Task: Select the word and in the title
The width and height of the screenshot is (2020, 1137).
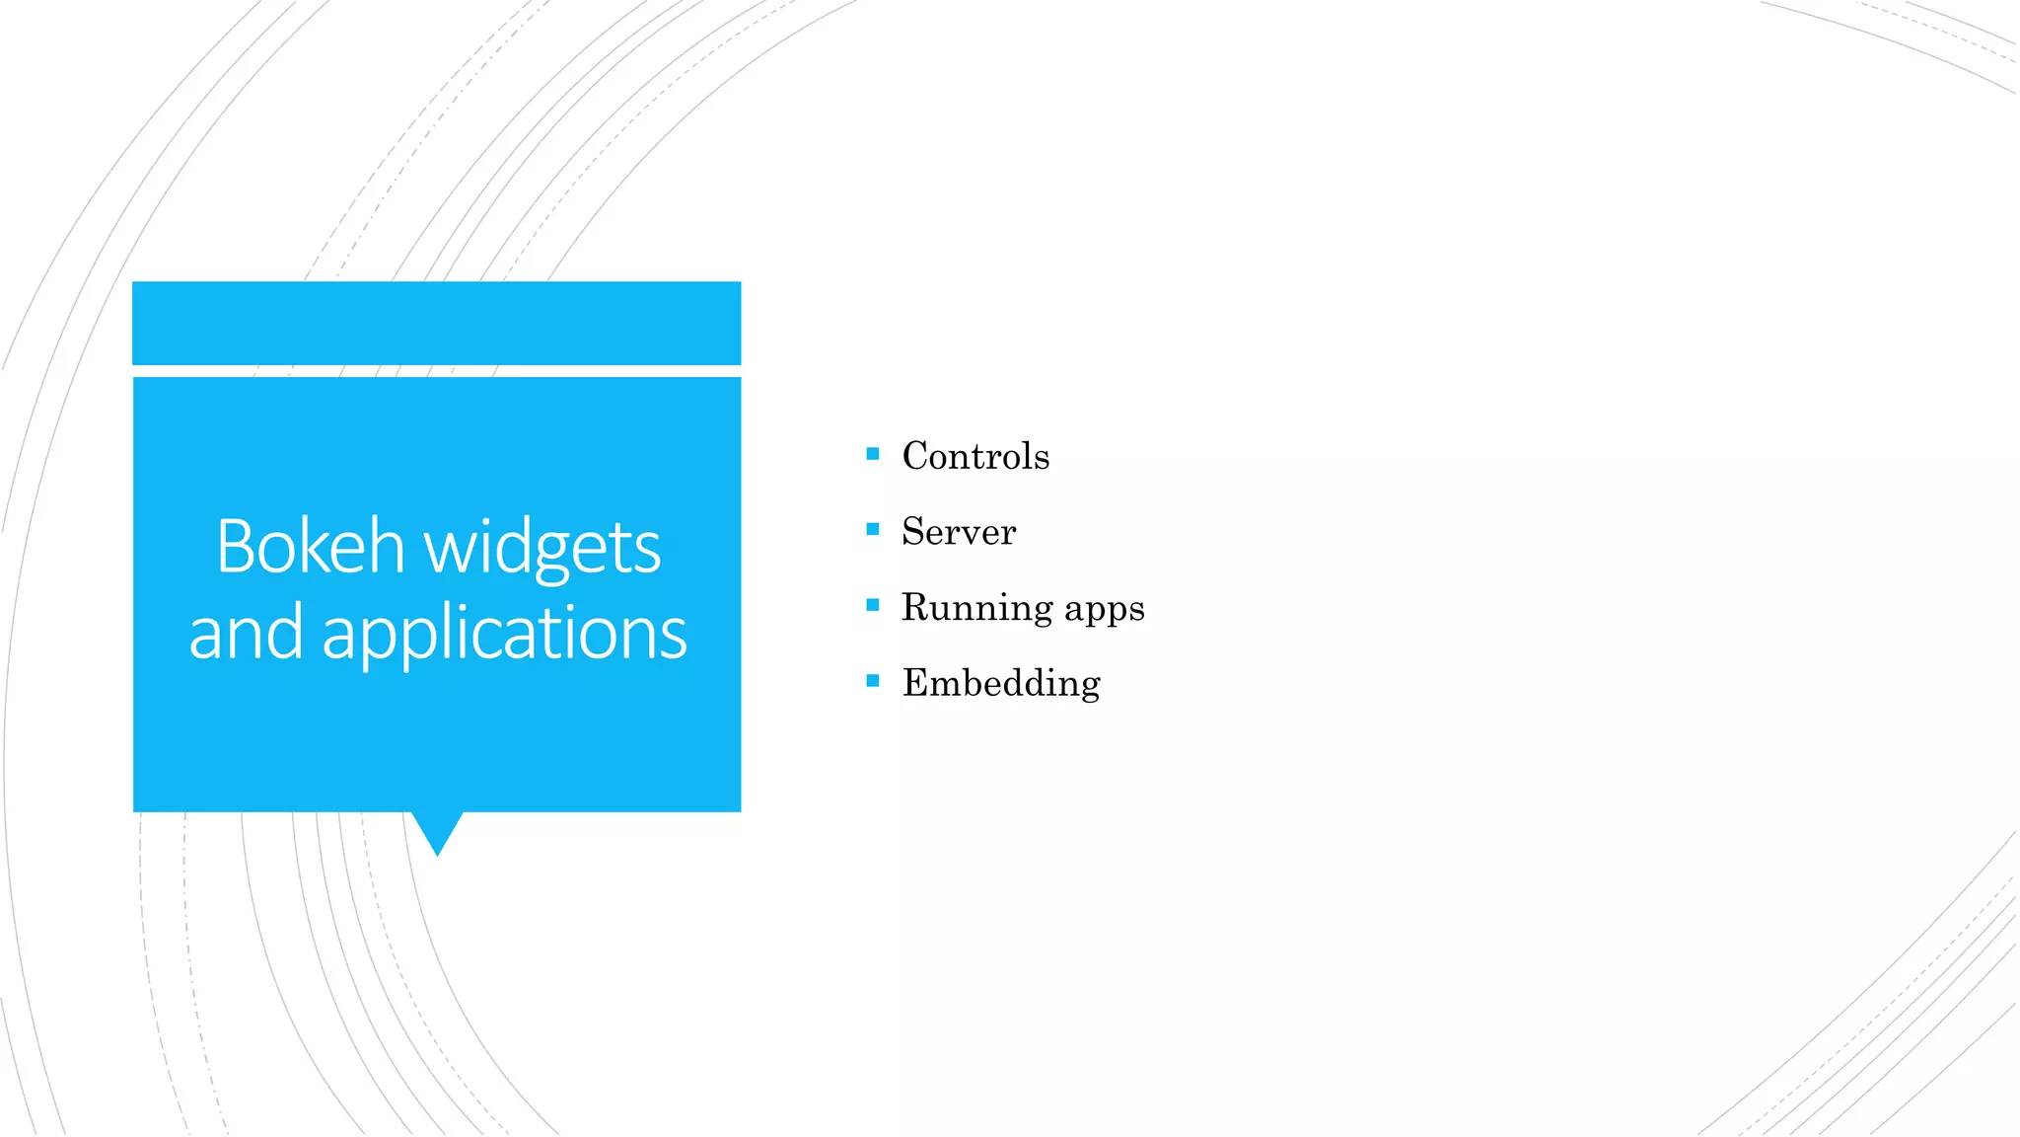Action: [246, 633]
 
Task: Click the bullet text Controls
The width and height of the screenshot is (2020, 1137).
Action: [975, 456]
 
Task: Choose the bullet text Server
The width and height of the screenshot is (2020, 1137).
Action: [959, 532]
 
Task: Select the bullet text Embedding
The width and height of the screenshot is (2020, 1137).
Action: [1001, 684]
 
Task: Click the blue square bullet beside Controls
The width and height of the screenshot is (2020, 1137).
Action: [872, 454]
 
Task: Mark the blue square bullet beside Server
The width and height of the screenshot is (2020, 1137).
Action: [872, 529]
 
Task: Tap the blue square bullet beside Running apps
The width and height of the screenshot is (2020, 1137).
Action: [872, 605]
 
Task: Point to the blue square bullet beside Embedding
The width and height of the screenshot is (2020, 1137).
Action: [872, 680]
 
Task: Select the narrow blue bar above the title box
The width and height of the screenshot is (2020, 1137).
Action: [436, 323]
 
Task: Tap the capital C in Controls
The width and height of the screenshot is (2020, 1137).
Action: [917, 456]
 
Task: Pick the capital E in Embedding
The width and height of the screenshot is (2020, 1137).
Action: [916, 683]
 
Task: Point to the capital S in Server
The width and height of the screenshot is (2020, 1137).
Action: [914, 532]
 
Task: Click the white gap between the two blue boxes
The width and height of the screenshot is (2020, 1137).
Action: [436, 371]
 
